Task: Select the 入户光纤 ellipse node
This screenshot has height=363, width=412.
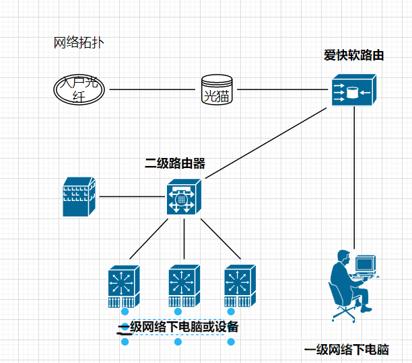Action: tap(79, 89)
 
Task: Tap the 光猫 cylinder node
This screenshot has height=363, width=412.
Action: tap(216, 89)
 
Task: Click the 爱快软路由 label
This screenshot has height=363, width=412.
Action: tap(353, 56)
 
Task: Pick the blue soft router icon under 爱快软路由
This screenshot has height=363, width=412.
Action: tap(353, 91)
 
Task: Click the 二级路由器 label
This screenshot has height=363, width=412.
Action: tap(175, 163)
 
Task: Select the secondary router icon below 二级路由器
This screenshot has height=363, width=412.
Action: tap(184, 197)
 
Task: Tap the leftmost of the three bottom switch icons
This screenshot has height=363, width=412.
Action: tap(125, 285)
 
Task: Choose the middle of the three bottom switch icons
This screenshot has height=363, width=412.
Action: tap(183, 285)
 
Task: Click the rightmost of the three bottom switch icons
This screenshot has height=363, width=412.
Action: tap(240, 285)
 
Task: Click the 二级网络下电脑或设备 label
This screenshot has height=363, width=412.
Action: tap(178, 327)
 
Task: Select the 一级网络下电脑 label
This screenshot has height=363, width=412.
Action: tap(347, 350)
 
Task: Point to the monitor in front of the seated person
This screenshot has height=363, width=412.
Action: tap(366, 264)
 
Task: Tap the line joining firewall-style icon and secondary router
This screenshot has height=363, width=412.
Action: tap(131, 196)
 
